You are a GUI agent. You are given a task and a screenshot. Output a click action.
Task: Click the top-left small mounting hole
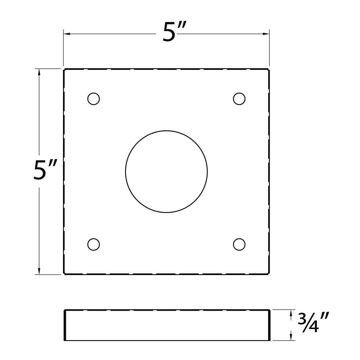click(x=94, y=99)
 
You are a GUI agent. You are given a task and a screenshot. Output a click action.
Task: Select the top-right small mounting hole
click(x=239, y=99)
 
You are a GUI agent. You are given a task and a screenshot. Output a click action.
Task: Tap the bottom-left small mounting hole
click(x=94, y=244)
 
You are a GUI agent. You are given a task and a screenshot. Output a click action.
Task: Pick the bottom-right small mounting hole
click(x=239, y=244)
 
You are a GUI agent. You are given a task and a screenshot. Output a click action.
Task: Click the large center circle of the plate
click(x=166, y=172)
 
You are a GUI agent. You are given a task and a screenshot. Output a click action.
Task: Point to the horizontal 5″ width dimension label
click(x=174, y=33)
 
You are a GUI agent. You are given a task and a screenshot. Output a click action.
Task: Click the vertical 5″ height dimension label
click(x=45, y=170)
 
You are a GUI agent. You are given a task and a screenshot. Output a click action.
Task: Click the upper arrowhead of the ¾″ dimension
click(x=291, y=312)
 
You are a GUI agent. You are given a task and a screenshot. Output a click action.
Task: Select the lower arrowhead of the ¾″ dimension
click(x=291, y=338)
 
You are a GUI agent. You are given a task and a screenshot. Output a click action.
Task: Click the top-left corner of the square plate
click(x=64, y=69)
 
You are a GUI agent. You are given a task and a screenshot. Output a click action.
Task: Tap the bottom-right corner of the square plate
click(x=269, y=274)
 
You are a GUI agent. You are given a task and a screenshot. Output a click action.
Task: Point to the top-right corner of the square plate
click(x=269, y=69)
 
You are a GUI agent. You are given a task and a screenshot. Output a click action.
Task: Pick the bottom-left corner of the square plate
click(x=64, y=274)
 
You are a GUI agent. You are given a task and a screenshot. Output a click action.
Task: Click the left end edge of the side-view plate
click(x=65, y=325)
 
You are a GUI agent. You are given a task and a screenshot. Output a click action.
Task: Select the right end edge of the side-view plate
click(x=269, y=325)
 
